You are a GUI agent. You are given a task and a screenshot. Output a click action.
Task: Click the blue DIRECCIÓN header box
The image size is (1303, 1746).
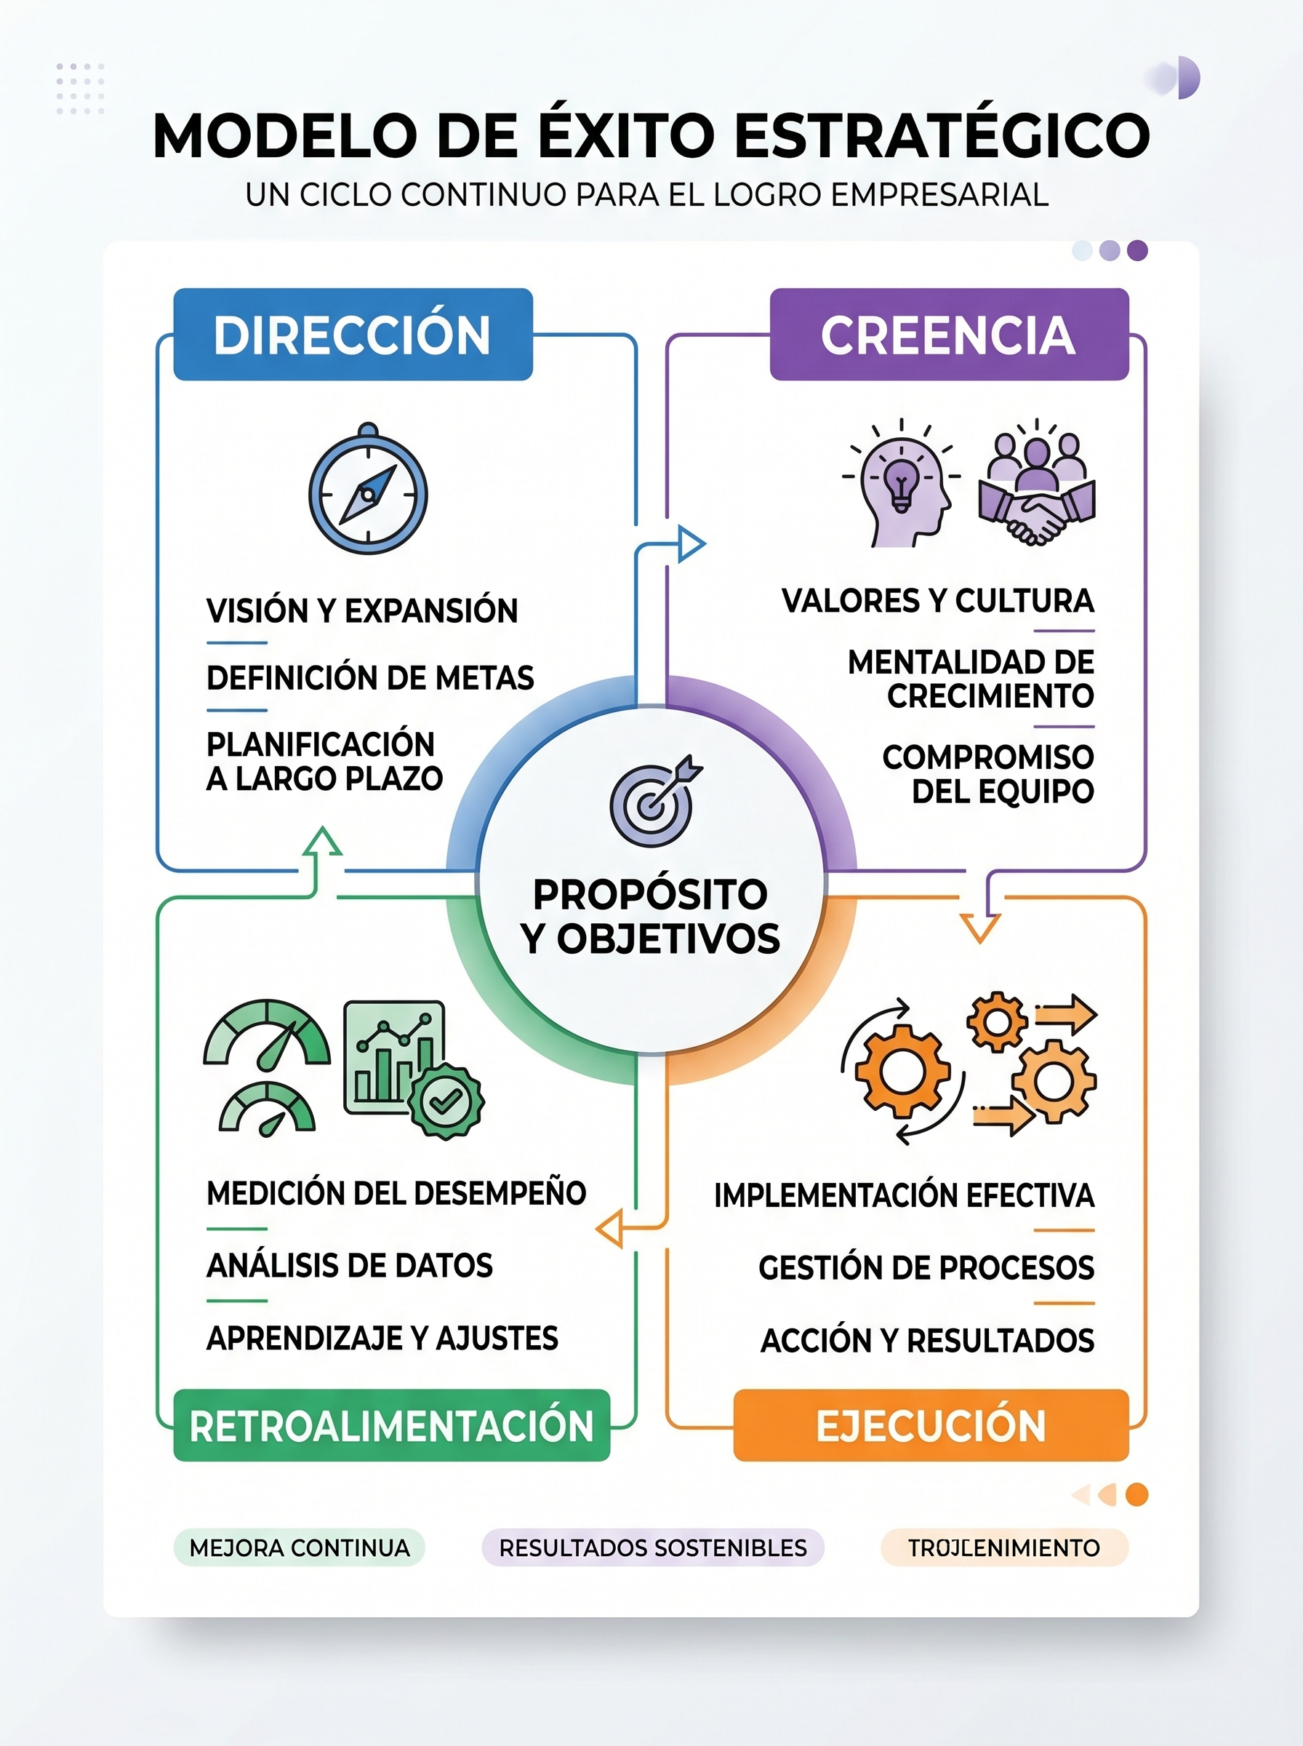coord(353,334)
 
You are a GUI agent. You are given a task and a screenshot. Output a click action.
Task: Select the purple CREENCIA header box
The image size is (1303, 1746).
coord(948,334)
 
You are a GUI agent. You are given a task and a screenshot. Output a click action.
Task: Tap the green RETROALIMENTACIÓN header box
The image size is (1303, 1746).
coord(391,1425)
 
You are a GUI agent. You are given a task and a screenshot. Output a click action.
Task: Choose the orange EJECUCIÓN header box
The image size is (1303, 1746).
coord(931,1425)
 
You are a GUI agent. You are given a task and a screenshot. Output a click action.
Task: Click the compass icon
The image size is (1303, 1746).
coord(367,493)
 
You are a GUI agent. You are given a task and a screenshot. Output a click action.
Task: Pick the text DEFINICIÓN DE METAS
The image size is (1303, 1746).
coord(370,678)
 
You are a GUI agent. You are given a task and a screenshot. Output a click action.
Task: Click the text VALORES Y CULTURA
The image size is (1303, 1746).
coord(937,600)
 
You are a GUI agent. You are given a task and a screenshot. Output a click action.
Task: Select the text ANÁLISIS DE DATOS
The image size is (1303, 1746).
coord(350,1266)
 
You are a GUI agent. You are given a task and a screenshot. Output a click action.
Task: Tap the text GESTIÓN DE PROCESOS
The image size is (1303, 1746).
coord(926,1267)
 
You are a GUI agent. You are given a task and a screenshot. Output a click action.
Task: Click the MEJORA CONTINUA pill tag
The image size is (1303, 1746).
coord(299,1547)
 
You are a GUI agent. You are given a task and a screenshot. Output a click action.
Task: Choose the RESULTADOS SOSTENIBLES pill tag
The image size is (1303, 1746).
coord(652,1547)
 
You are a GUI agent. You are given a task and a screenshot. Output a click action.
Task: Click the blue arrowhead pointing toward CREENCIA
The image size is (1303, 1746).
coord(691,543)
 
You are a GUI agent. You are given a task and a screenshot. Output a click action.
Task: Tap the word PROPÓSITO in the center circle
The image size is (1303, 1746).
coord(650,895)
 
